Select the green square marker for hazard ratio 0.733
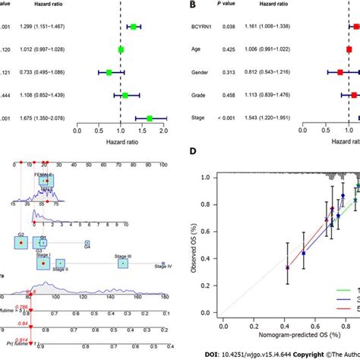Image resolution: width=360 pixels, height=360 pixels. click(109, 73)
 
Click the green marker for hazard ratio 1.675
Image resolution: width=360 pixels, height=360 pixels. click(150, 118)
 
